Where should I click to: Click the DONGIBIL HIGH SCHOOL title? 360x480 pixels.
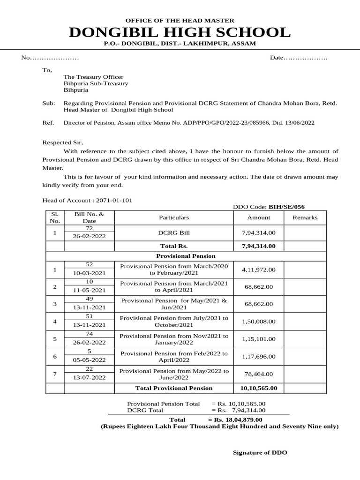coord(180,33)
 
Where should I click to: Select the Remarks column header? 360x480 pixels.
coord(305,217)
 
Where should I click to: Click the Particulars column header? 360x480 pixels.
coord(174,217)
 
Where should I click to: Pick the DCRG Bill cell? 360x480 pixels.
coord(174,232)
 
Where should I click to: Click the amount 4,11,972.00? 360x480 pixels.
coord(259,270)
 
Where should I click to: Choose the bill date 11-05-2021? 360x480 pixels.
coord(89,290)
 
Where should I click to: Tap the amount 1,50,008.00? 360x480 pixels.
coord(259,322)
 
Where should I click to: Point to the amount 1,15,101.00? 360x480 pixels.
coord(259,339)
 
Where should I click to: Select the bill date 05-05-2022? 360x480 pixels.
coord(89,360)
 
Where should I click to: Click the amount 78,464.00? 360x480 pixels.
coord(259,374)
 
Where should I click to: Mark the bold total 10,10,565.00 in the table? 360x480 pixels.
coord(259,388)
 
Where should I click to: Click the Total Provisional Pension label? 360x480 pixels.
coord(174,388)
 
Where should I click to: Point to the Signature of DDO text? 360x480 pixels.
coord(260,452)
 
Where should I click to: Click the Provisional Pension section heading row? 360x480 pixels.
coord(186,256)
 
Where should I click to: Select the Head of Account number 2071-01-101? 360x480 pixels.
coord(114,200)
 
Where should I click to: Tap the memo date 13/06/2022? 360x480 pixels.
coord(300,123)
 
